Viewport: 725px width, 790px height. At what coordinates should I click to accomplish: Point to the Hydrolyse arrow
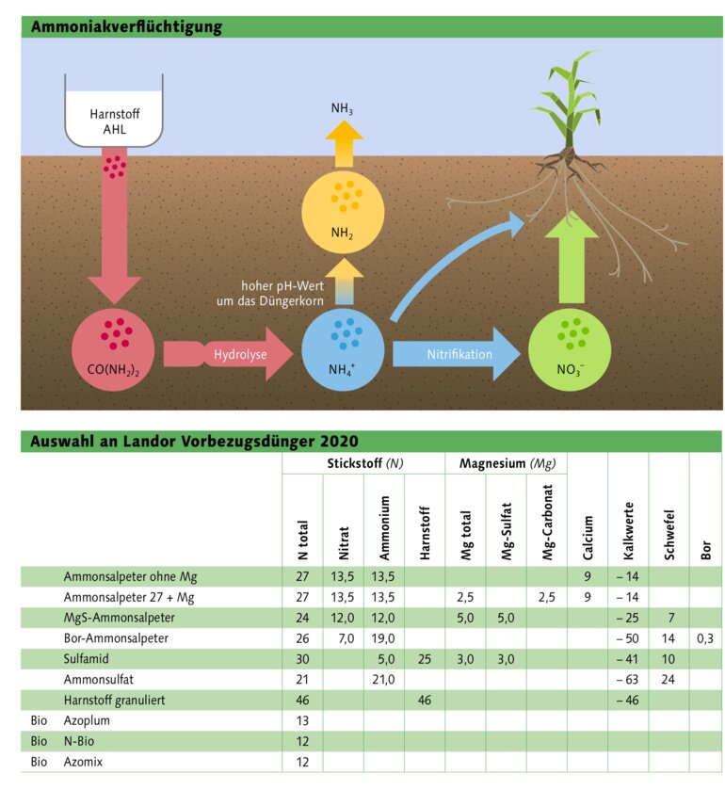[x=235, y=354]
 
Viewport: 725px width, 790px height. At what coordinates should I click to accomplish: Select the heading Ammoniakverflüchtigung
[x=127, y=27]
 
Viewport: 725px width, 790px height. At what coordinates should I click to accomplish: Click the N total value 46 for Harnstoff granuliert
[x=302, y=701]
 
